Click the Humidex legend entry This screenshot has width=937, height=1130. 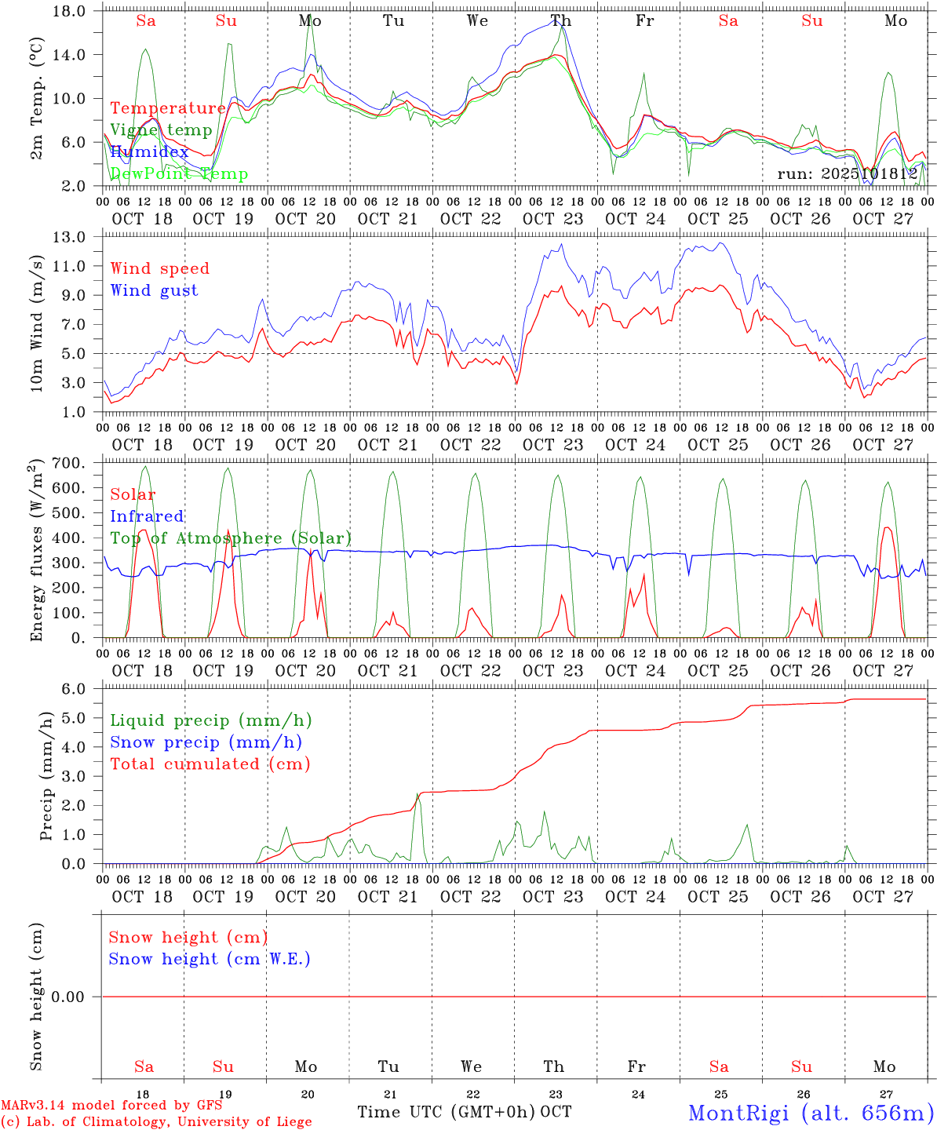(149, 152)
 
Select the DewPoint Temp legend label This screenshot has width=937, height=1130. (179, 174)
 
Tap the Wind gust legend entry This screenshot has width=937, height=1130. (155, 290)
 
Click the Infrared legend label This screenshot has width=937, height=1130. (148, 516)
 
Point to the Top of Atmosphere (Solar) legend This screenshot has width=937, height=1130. (231, 538)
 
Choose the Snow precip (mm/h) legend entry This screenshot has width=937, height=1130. (206, 742)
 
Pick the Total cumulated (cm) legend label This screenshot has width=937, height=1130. (210, 764)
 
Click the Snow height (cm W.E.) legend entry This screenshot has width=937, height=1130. (210, 959)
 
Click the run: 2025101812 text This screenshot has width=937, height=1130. (848, 174)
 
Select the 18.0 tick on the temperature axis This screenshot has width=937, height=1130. (78, 11)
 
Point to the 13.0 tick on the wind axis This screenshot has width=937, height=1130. (78, 237)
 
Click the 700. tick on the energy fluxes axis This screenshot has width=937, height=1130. (77, 463)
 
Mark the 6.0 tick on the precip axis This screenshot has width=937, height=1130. (82, 689)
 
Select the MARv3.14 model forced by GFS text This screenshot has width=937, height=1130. (111, 1106)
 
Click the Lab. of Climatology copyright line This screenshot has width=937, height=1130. (156, 1122)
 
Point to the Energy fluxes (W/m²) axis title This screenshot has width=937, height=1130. (36, 551)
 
